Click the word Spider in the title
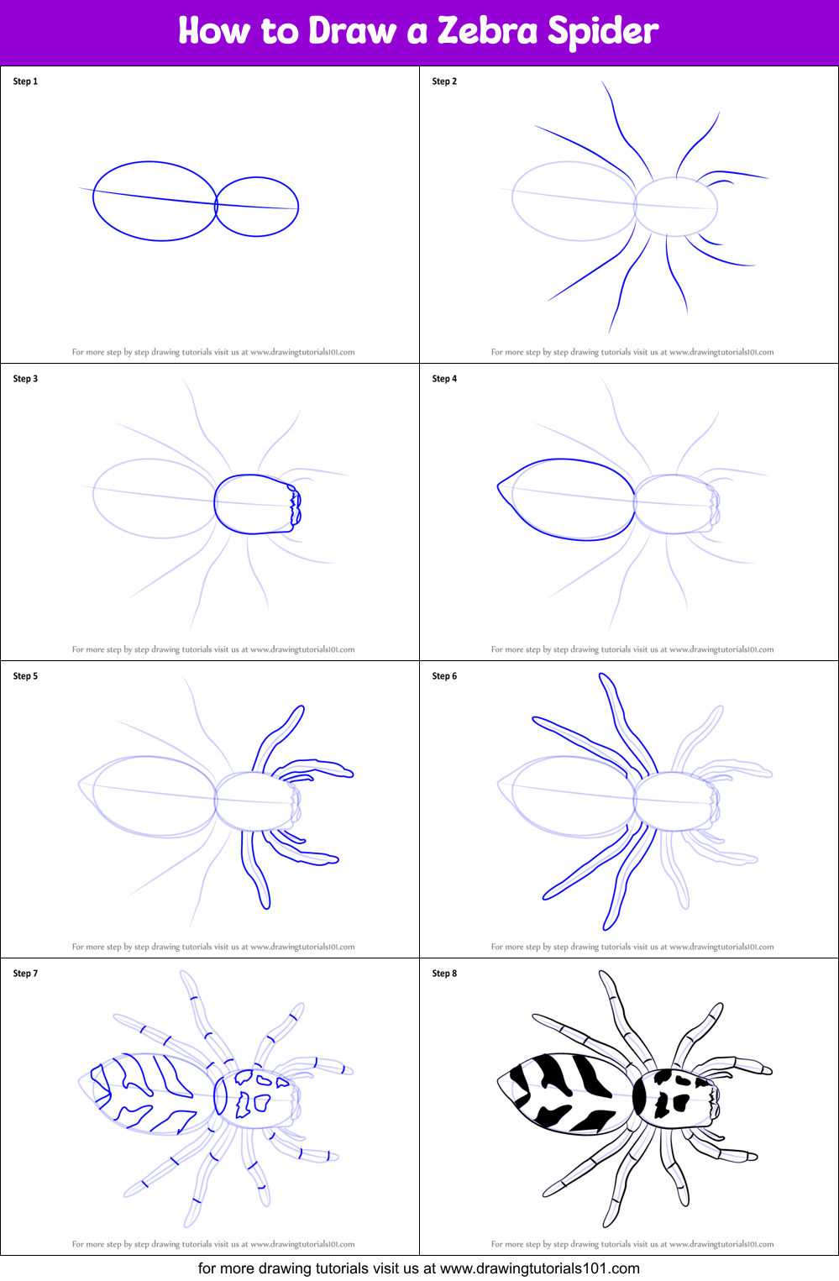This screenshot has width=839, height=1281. [x=603, y=32]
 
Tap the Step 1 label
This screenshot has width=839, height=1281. [x=25, y=81]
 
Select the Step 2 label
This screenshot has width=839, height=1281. [x=444, y=81]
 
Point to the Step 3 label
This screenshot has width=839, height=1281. [x=25, y=379]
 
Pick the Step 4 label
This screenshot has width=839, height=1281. [x=444, y=379]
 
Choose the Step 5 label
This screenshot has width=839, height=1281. [x=25, y=676]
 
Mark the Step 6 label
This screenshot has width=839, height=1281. [x=444, y=676]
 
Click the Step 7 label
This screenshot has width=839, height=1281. [x=25, y=974]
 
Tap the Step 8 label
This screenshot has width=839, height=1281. [x=444, y=974]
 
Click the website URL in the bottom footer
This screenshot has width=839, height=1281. [x=539, y=1268]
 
